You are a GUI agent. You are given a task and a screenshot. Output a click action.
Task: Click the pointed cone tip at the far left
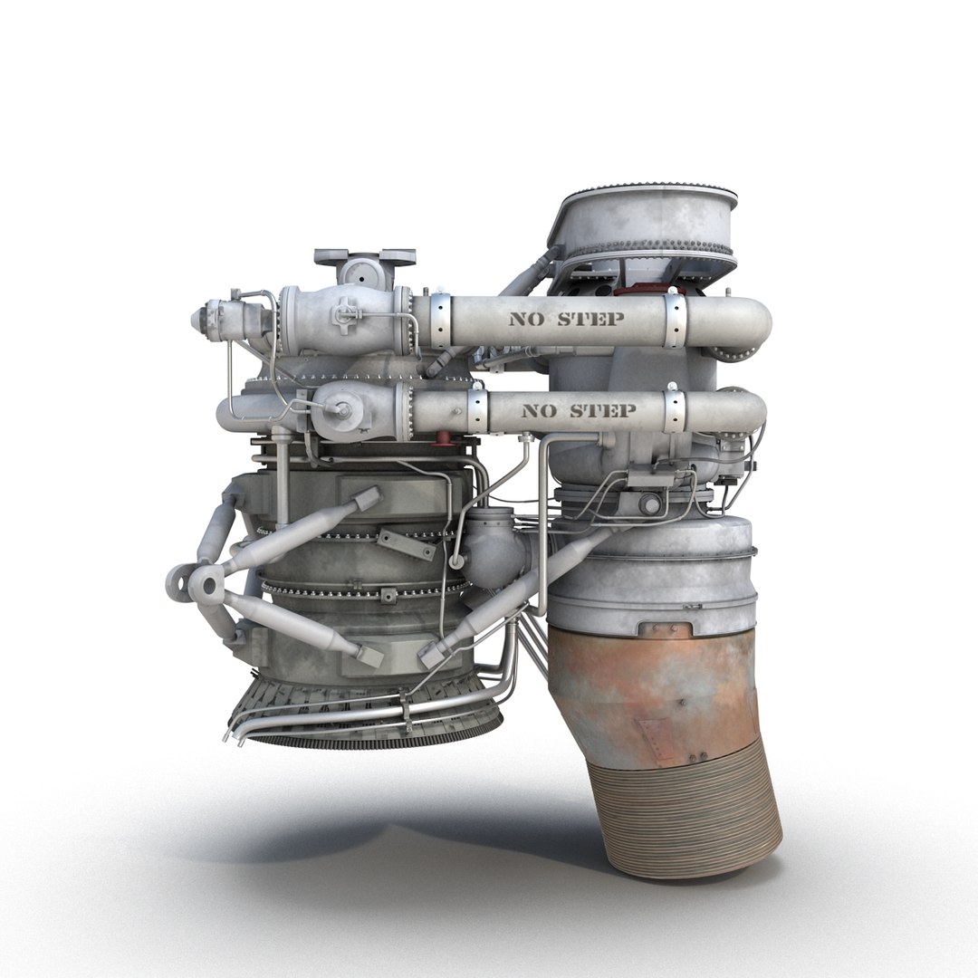(x=197, y=318)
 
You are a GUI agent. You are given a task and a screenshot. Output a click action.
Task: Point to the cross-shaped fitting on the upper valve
(x=345, y=312)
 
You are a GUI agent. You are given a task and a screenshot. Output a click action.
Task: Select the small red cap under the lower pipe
(x=444, y=438)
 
